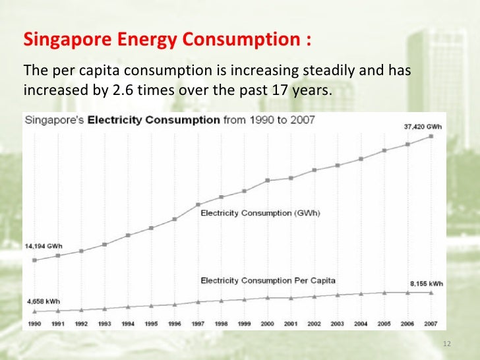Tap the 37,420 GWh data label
(x=422, y=127)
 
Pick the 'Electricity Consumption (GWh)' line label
(x=260, y=213)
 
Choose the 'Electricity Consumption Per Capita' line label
(x=268, y=280)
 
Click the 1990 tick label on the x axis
(x=34, y=324)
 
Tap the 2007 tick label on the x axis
(x=431, y=324)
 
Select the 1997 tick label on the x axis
(x=198, y=324)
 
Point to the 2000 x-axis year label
(x=268, y=324)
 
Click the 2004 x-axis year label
(x=361, y=324)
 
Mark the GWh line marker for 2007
(x=431, y=136)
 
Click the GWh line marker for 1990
(x=34, y=260)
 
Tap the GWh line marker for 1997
(x=198, y=204)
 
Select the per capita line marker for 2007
(x=431, y=293)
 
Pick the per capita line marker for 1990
(x=34, y=311)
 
